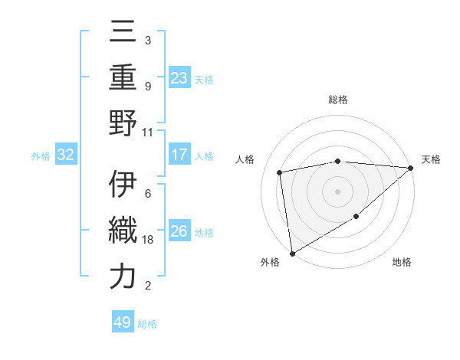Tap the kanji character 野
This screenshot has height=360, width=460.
[x=123, y=122]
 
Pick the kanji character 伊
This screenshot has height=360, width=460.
[x=123, y=185]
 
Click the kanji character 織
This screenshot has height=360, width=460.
[x=123, y=231]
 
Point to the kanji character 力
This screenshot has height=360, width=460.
[x=123, y=277]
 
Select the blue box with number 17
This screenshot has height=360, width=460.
[x=179, y=155]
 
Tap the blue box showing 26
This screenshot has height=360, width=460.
[x=179, y=231]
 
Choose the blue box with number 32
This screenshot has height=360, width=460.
[x=65, y=155]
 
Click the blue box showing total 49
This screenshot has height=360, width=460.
[x=122, y=322]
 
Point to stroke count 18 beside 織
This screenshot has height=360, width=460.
[x=149, y=240]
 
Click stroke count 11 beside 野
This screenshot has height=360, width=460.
[x=148, y=132]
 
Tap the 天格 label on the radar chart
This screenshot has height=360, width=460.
[x=431, y=159]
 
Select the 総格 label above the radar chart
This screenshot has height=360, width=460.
[x=338, y=100]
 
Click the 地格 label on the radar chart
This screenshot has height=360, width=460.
[x=402, y=263]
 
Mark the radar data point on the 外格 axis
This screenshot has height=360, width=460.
[x=292, y=254]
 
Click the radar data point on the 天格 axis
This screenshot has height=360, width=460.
[x=410, y=168]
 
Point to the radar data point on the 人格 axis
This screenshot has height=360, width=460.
[x=280, y=172]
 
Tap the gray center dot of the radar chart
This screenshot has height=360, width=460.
[x=337, y=191]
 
